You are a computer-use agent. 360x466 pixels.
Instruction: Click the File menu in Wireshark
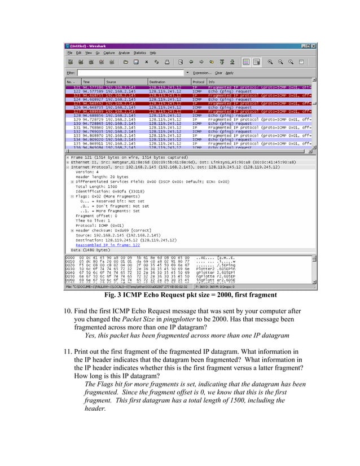click(70, 52)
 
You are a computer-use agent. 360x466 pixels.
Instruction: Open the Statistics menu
click(124, 52)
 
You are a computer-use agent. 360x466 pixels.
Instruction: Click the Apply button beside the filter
click(230, 73)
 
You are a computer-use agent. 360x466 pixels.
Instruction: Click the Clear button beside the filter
click(217, 73)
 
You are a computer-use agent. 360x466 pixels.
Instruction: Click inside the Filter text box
click(130, 73)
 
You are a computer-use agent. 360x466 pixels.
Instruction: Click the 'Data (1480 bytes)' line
click(91, 249)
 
